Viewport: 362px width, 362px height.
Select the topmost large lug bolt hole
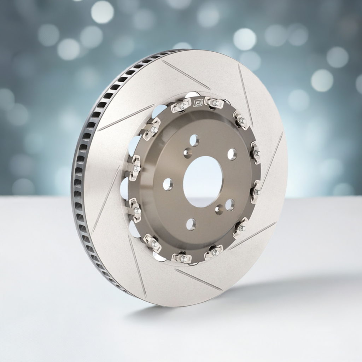pyautogui.click(x=194, y=140)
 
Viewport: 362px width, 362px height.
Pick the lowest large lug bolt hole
pyautogui.click(x=191, y=224)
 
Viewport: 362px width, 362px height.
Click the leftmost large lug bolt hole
pyautogui.click(x=168, y=184)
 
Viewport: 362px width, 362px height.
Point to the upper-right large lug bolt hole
pyautogui.click(x=232, y=154)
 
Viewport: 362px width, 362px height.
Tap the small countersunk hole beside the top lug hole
pyautogui.click(x=188, y=153)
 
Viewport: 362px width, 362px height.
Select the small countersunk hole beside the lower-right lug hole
pyautogui.click(x=219, y=209)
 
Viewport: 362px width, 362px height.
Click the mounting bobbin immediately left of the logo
pyautogui.click(x=181, y=105)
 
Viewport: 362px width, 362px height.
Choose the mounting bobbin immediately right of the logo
pyautogui.click(x=214, y=103)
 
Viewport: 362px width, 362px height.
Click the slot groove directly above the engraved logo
pyautogui.click(x=186, y=75)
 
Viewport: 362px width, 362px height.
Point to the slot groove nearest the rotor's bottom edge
pyautogui.click(x=198, y=279)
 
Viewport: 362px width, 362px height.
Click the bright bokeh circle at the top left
pyautogui.click(x=102, y=12)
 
